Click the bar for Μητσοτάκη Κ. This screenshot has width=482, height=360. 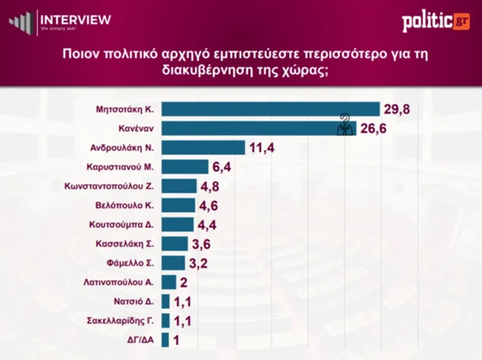(x=270, y=109)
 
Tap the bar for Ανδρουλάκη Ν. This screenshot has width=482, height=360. (x=203, y=148)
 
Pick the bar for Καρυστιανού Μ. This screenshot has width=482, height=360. (x=185, y=167)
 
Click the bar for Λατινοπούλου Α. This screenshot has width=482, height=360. (x=168, y=282)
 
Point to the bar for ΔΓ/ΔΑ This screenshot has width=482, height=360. (x=165, y=340)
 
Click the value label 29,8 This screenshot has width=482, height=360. (x=397, y=109)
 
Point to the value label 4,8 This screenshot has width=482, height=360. (x=210, y=187)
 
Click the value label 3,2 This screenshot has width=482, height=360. (x=199, y=263)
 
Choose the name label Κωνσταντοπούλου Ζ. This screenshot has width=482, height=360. (x=109, y=186)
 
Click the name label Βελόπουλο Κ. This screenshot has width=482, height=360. (x=125, y=205)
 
